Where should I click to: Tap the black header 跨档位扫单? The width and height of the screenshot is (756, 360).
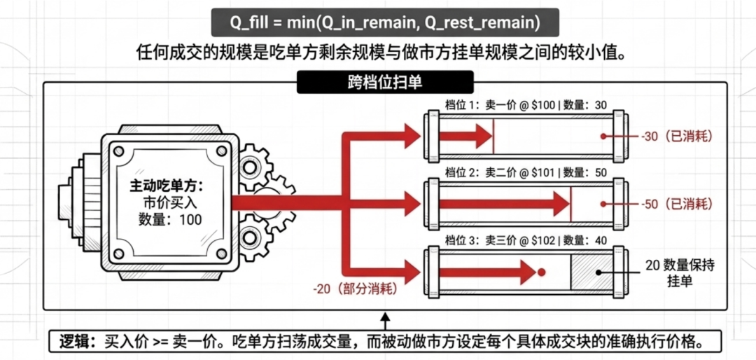[385, 82]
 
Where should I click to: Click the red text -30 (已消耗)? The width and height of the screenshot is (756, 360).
[677, 137]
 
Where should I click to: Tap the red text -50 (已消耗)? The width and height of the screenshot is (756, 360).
[677, 204]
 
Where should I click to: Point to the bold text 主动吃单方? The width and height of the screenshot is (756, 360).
[167, 186]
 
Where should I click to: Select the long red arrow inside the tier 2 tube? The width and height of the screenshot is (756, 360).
[504, 204]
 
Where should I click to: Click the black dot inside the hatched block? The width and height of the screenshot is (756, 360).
[598, 272]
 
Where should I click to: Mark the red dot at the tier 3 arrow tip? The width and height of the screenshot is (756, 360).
[541, 272]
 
